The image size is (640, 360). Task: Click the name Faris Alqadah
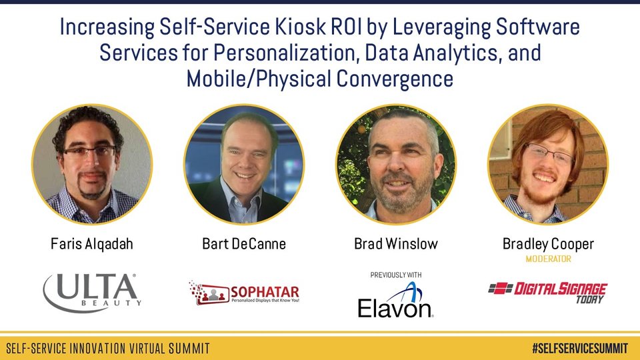(92, 244)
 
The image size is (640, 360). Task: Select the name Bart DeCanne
(244, 244)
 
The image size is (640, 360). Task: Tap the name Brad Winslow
(396, 244)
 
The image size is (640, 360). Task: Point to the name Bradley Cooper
(548, 244)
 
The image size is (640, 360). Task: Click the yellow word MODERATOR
(548, 259)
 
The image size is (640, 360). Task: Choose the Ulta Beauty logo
(92, 292)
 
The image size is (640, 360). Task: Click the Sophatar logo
(244, 293)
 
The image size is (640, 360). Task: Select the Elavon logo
(395, 300)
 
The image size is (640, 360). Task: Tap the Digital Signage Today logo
(548, 292)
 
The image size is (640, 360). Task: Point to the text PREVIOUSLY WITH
(396, 275)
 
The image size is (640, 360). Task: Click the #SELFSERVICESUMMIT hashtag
(580, 348)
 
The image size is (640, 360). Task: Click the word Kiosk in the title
(300, 27)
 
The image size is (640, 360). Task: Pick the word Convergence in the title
(395, 79)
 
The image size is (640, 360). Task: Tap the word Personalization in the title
(286, 53)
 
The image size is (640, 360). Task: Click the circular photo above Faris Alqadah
(92, 164)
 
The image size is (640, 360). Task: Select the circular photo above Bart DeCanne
(244, 164)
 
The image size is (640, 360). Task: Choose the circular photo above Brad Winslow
(396, 164)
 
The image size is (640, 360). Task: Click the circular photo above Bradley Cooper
(548, 164)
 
